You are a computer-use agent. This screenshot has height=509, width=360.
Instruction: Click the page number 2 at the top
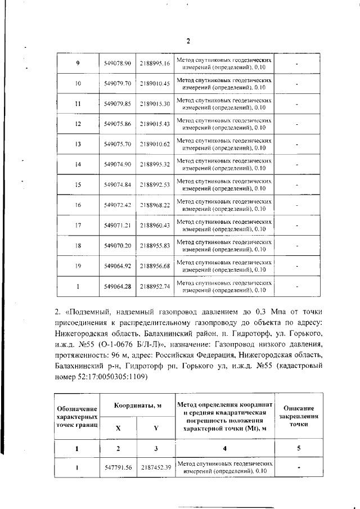point(188,41)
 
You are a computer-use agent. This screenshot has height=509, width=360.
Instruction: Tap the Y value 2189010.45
point(155,83)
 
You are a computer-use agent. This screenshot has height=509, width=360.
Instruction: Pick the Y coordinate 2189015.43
point(155,124)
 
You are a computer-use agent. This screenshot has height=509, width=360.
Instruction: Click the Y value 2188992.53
point(155,184)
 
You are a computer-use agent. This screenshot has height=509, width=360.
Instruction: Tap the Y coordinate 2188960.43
point(155,225)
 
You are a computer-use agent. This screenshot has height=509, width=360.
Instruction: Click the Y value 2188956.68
point(155,265)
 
